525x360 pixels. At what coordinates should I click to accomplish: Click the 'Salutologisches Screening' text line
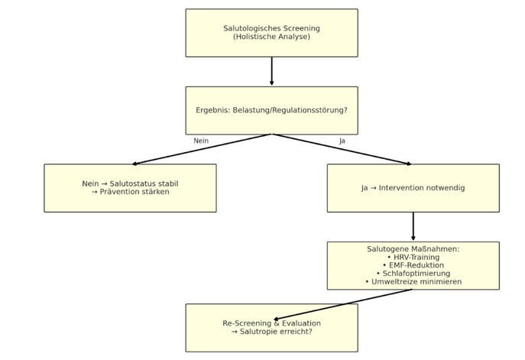pos(271,28)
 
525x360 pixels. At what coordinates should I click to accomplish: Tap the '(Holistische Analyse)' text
pos(271,37)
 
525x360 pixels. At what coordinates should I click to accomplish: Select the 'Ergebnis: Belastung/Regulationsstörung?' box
pos(271,110)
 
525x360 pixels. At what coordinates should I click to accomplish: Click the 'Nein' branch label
pos(201,141)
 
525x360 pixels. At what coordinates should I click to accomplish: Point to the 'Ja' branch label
pos(342,141)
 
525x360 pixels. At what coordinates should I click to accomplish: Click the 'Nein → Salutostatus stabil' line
pos(130,183)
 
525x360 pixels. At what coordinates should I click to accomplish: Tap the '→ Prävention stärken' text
pos(130,192)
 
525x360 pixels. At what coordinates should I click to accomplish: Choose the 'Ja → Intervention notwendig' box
pos(413,187)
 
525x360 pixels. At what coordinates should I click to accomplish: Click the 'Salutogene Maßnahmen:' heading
pos(413,249)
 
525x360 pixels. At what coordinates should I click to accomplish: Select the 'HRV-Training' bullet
pos(413,258)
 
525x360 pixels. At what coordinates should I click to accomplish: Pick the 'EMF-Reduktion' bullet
pos(413,265)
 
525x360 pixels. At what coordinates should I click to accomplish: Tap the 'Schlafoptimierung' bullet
pos(413,274)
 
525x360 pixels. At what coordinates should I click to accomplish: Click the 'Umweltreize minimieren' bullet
pos(413,282)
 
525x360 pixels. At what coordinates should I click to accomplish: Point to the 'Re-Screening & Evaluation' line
pos(271,323)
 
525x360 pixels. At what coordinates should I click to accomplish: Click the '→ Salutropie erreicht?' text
pos(271,332)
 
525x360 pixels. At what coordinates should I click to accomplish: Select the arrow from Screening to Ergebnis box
pos(271,71)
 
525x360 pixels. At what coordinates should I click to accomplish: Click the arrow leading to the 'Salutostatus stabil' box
pos(202,149)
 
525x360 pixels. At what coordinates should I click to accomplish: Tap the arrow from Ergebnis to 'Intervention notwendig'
pos(342,149)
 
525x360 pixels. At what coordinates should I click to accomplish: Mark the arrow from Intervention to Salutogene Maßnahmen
pos(413,226)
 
